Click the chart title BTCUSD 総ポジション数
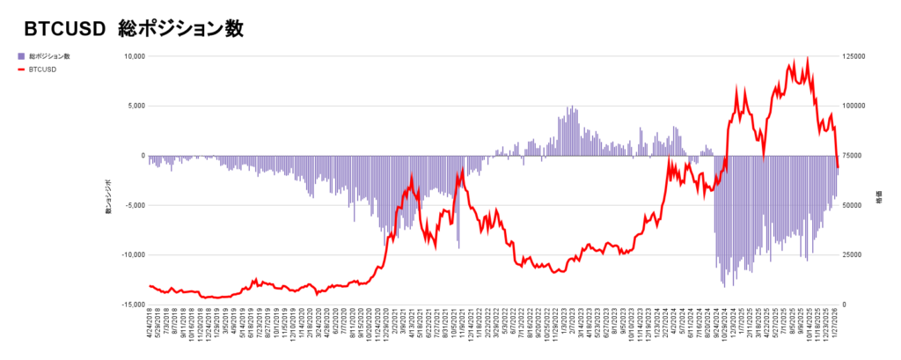pos(133,28)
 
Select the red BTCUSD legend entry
pos(43,69)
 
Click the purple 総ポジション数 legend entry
pos(49,56)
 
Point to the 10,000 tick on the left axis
pos(132,56)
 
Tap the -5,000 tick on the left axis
pos(132,205)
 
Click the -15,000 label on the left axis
pos(130,304)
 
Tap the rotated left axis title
pos(109,196)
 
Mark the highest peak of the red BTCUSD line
pos(807,59)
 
